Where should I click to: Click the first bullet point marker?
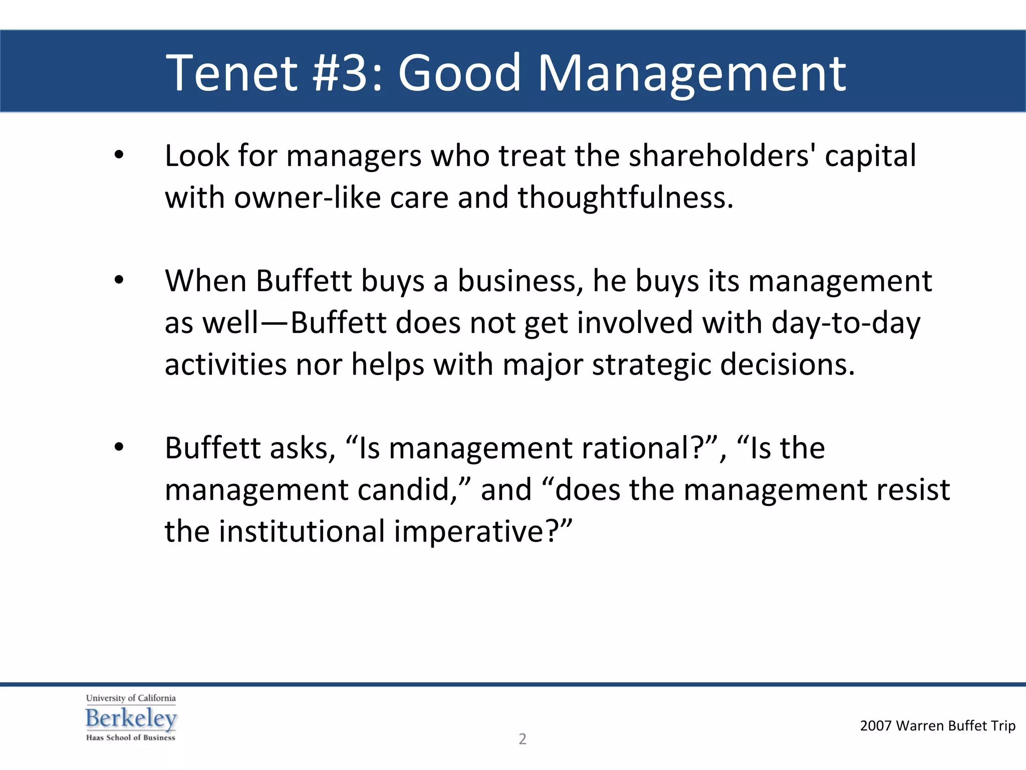pos(119,155)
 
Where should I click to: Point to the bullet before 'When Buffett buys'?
pos(119,281)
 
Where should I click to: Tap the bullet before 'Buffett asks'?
pos(119,447)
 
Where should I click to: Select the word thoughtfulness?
pos(625,197)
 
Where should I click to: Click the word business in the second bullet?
pos(520,281)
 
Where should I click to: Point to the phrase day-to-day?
pos(846,322)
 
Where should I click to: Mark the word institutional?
pos(302,531)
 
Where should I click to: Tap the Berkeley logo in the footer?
pos(131,718)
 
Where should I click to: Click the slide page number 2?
pos(522,739)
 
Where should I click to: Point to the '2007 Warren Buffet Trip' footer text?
pos(937,725)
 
